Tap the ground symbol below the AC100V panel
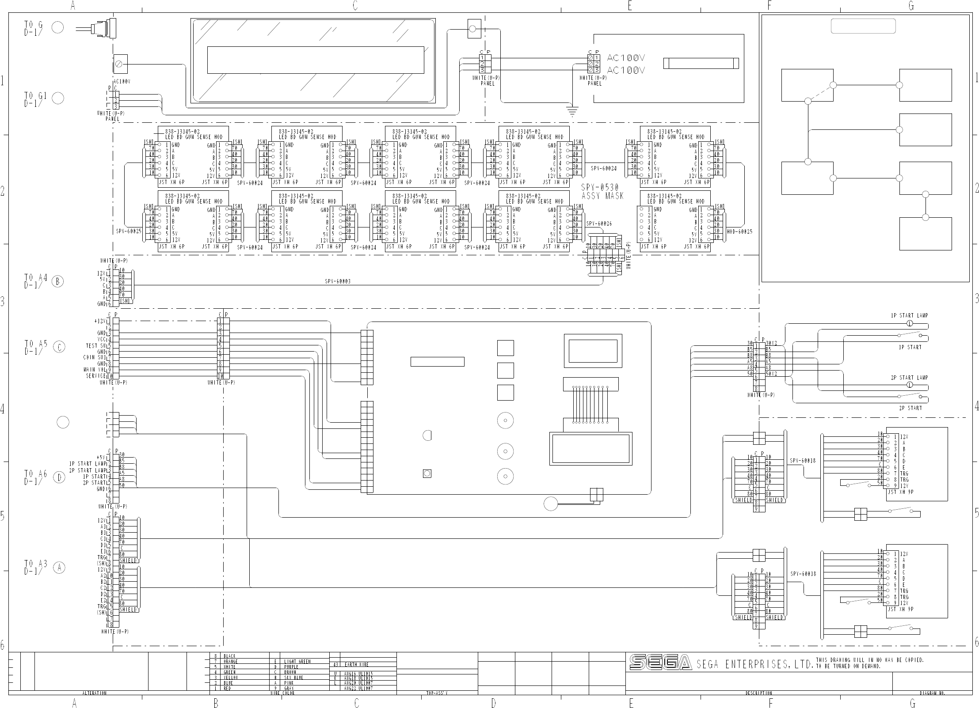point(572,110)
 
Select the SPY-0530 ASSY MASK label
point(602,192)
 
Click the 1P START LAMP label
point(909,316)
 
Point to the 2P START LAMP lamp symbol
point(910,385)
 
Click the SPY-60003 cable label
point(338,281)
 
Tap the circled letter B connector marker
point(58,281)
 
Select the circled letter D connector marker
point(59,477)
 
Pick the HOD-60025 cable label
point(739,231)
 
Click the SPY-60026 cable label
point(599,224)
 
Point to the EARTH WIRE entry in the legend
point(357,664)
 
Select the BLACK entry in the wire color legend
point(230,656)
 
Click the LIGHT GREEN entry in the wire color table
point(297,661)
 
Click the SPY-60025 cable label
point(129,231)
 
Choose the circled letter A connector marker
point(59,568)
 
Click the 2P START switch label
point(910,408)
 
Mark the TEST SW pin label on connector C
point(96,346)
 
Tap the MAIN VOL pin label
point(95,370)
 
